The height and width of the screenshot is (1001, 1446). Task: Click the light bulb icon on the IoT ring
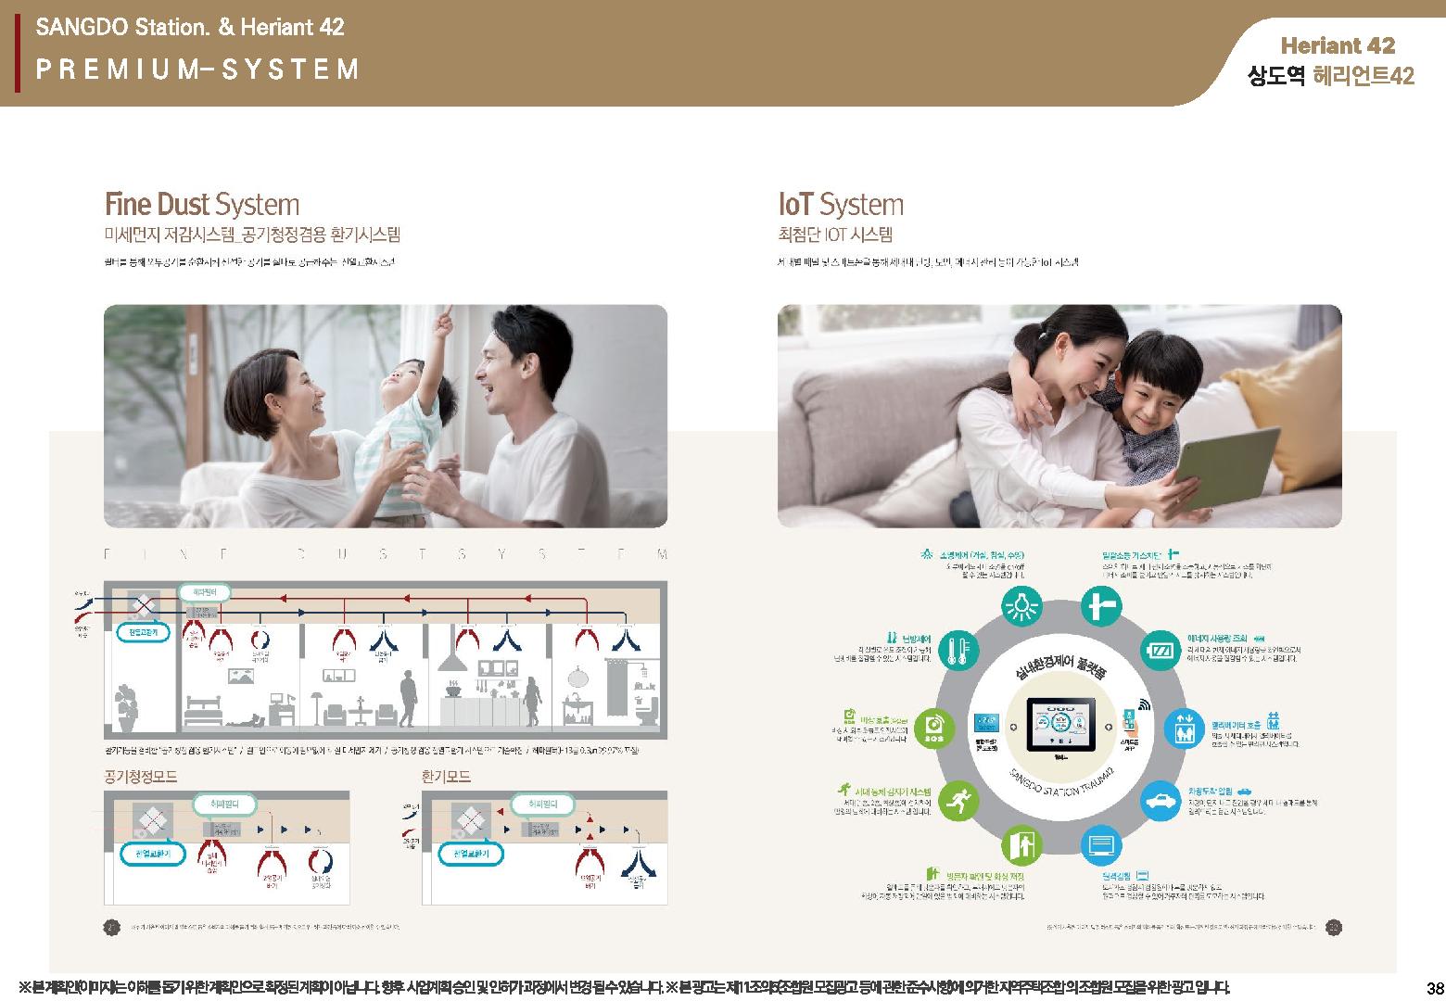click(x=1022, y=608)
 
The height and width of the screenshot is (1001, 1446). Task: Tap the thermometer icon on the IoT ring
click(x=958, y=652)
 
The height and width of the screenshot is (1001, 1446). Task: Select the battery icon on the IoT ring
click(x=1160, y=649)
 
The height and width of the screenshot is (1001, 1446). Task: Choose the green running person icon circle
click(x=958, y=802)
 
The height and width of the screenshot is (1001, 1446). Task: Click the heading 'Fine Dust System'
click(x=201, y=205)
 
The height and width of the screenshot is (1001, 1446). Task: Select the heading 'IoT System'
click(x=840, y=205)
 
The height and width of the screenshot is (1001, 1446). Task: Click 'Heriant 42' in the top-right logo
click(x=1337, y=45)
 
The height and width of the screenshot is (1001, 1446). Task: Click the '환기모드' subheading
click(x=446, y=777)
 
